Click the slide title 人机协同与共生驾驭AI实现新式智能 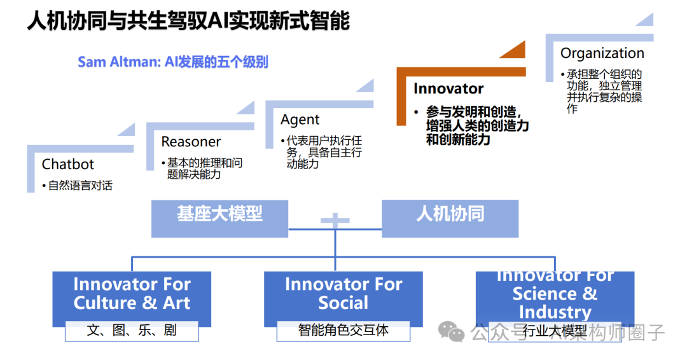188,20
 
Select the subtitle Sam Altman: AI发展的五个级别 173,62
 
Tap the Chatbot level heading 68,164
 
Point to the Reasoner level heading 191,142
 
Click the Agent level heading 300,120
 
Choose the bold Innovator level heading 448,88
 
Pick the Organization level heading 602,53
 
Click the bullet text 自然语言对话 80,186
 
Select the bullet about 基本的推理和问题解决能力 204,169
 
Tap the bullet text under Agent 324,152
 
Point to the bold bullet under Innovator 477,125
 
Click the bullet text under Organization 604,92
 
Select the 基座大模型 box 219,214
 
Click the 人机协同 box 450,214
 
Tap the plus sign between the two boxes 335,221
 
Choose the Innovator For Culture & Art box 132,294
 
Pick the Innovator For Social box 343,294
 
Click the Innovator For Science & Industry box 555,295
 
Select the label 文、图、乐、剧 132,331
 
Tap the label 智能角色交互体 343,331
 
